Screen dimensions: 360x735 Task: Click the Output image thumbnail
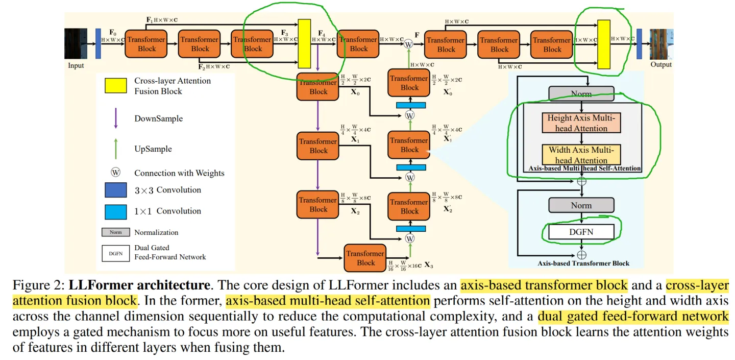pyautogui.click(x=660, y=44)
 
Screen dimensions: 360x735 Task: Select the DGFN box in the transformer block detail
pyautogui.click(x=581, y=232)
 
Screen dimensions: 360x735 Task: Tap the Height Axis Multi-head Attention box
pyautogui.click(x=581, y=123)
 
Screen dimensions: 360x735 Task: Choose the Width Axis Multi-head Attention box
pyautogui.click(x=581, y=155)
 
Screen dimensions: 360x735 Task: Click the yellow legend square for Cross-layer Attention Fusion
pyautogui.click(x=116, y=86)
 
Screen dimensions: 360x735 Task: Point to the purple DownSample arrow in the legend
pyautogui.click(x=115, y=119)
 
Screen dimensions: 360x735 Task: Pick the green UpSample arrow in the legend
pyautogui.click(x=115, y=149)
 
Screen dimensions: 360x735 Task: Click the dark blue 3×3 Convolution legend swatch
pyautogui.click(x=115, y=190)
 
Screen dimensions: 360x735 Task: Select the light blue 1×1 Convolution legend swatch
pyautogui.click(x=115, y=211)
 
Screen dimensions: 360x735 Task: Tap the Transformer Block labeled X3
pyautogui.click(x=365, y=258)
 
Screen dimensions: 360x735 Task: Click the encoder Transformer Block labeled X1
pyautogui.click(x=318, y=146)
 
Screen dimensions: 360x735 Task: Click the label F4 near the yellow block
pyautogui.click(x=322, y=33)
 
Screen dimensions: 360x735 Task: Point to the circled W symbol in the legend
pyautogui.click(x=115, y=173)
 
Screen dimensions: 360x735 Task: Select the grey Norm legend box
pyautogui.click(x=115, y=232)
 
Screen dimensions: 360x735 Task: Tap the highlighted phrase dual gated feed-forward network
pyautogui.click(x=633, y=317)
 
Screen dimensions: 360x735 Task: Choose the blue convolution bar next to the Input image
pyautogui.click(x=98, y=43)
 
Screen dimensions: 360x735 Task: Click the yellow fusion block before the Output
pyautogui.click(x=604, y=44)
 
